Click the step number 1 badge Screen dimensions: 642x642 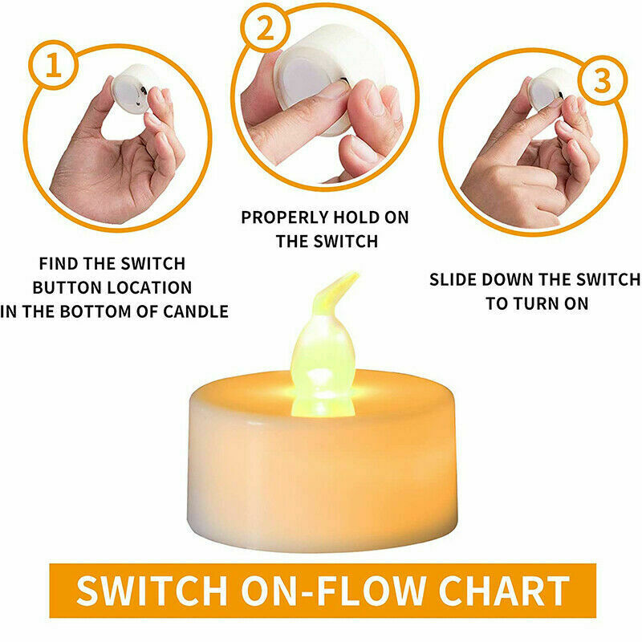coord(53,66)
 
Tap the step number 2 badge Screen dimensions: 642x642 coord(266,28)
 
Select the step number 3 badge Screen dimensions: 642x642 coord(602,80)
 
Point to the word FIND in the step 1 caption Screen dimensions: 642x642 coord(59,264)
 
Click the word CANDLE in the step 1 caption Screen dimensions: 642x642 coord(196,311)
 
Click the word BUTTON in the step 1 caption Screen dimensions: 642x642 coord(63,288)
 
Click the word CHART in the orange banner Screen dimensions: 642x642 coord(504,590)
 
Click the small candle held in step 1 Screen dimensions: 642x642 coord(132,89)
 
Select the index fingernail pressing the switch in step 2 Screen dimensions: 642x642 coord(332,89)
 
